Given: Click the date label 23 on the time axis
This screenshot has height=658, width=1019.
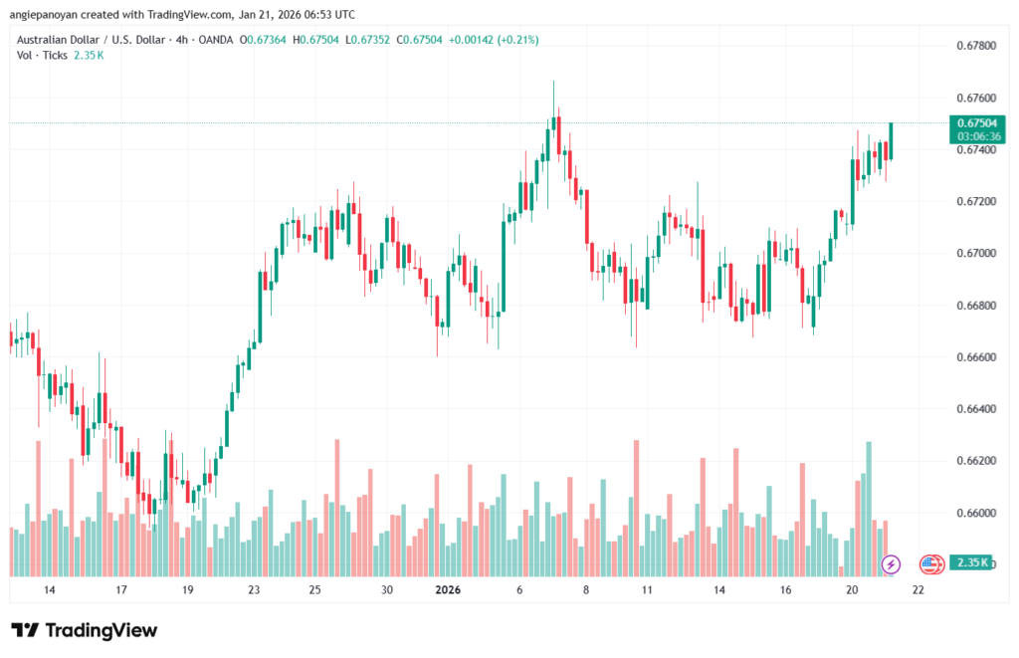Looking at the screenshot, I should pos(254,590).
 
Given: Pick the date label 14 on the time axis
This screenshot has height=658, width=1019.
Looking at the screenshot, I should pos(50,590).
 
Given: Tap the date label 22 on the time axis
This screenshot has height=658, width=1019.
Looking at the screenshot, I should pos(917,590).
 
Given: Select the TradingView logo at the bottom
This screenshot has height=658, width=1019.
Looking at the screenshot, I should pos(85,630).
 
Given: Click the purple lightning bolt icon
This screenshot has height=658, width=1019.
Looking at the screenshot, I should pos(892,564).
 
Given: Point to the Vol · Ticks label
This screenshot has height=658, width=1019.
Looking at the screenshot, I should pos(43,55).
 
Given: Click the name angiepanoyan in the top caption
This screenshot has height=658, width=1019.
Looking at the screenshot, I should pos(51,15).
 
